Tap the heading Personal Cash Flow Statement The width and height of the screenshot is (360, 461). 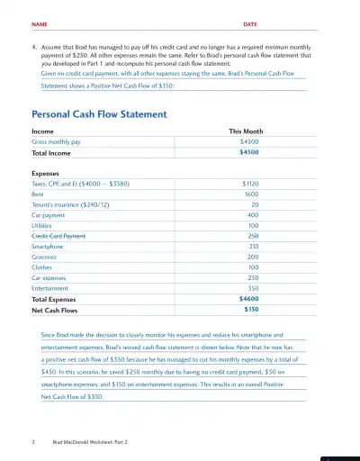(99, 115)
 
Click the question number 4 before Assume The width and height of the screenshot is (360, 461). (34, 43)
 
